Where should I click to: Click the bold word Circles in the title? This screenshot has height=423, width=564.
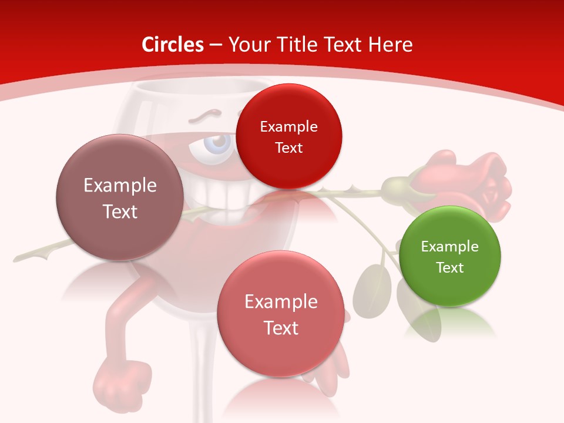(172, 45)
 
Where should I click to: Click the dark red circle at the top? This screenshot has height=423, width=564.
(288, 136)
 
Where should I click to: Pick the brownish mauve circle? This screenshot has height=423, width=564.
(120, 197)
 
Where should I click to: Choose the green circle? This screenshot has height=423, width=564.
(449, 256)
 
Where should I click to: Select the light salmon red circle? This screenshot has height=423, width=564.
(281, 314)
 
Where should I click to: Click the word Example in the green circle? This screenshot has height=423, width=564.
(449, 246)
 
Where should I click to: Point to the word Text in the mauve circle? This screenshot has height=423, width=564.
(120, 211)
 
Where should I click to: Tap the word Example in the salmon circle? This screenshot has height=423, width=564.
(281, 302)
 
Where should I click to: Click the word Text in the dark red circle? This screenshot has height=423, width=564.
(288, 147)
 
